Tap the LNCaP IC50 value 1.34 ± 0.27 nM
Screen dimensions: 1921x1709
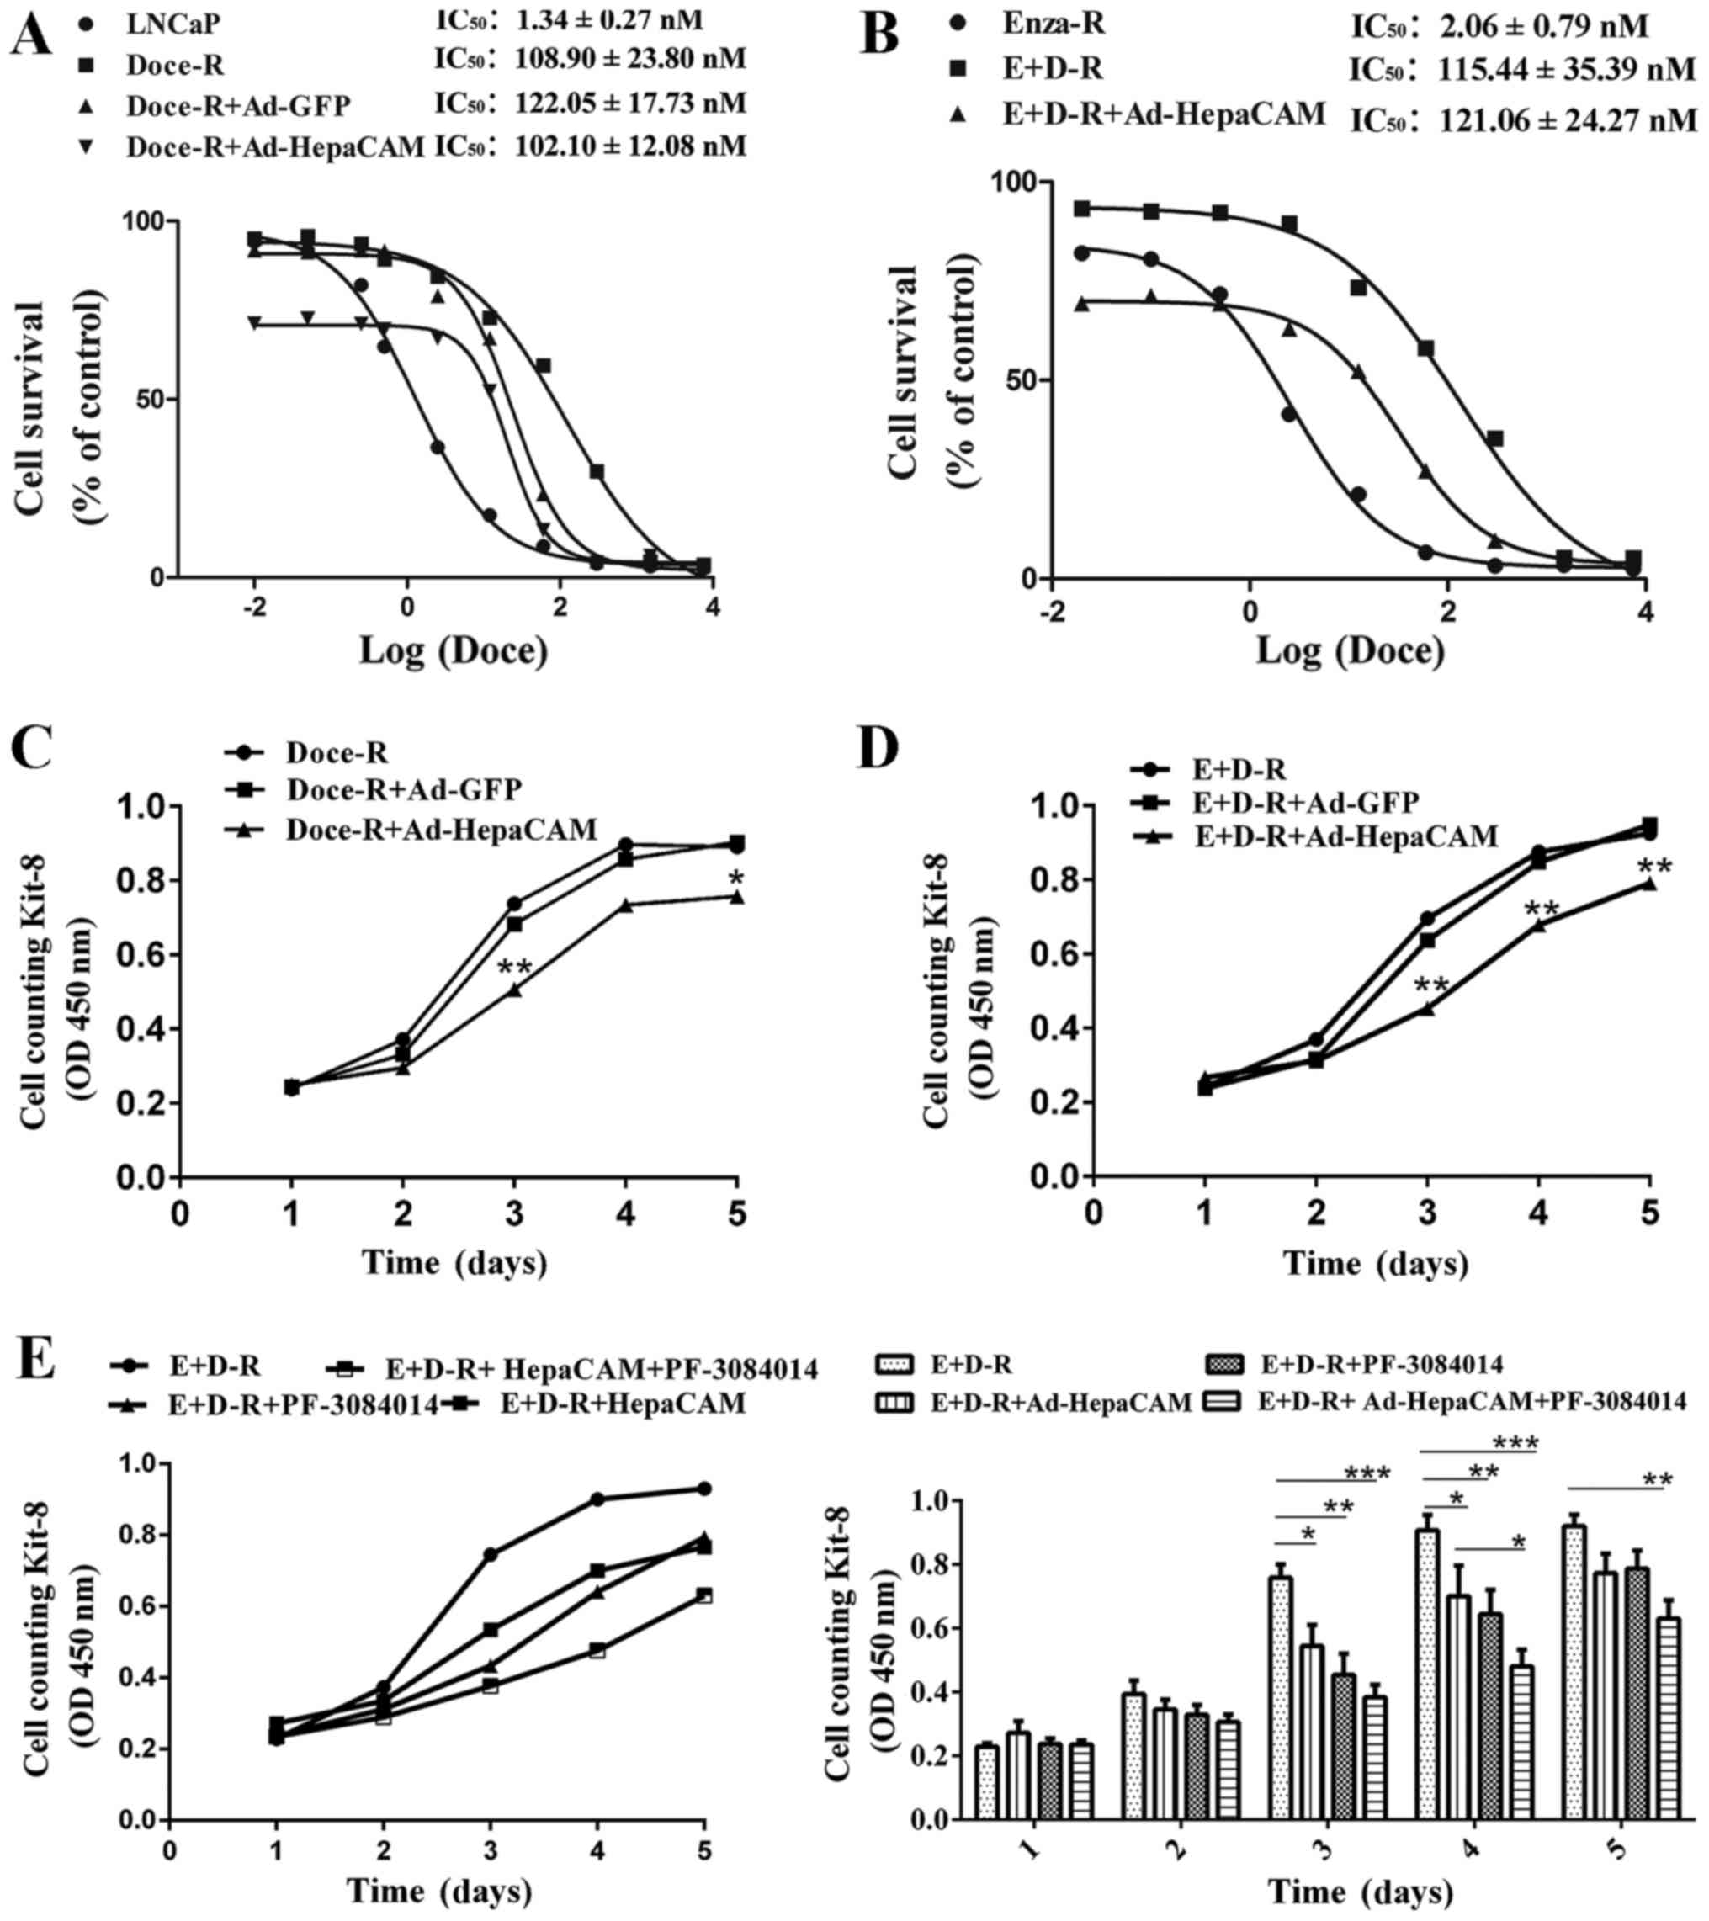click(x=608, y=19)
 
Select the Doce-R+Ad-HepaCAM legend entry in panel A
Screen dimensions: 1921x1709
click(x=275, y=146)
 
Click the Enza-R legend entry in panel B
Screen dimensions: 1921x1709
click(x=1053, y=23)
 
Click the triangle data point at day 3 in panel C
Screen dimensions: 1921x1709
click(x=514, y=989)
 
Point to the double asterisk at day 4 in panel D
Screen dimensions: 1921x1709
click(x=1542, y=910)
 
